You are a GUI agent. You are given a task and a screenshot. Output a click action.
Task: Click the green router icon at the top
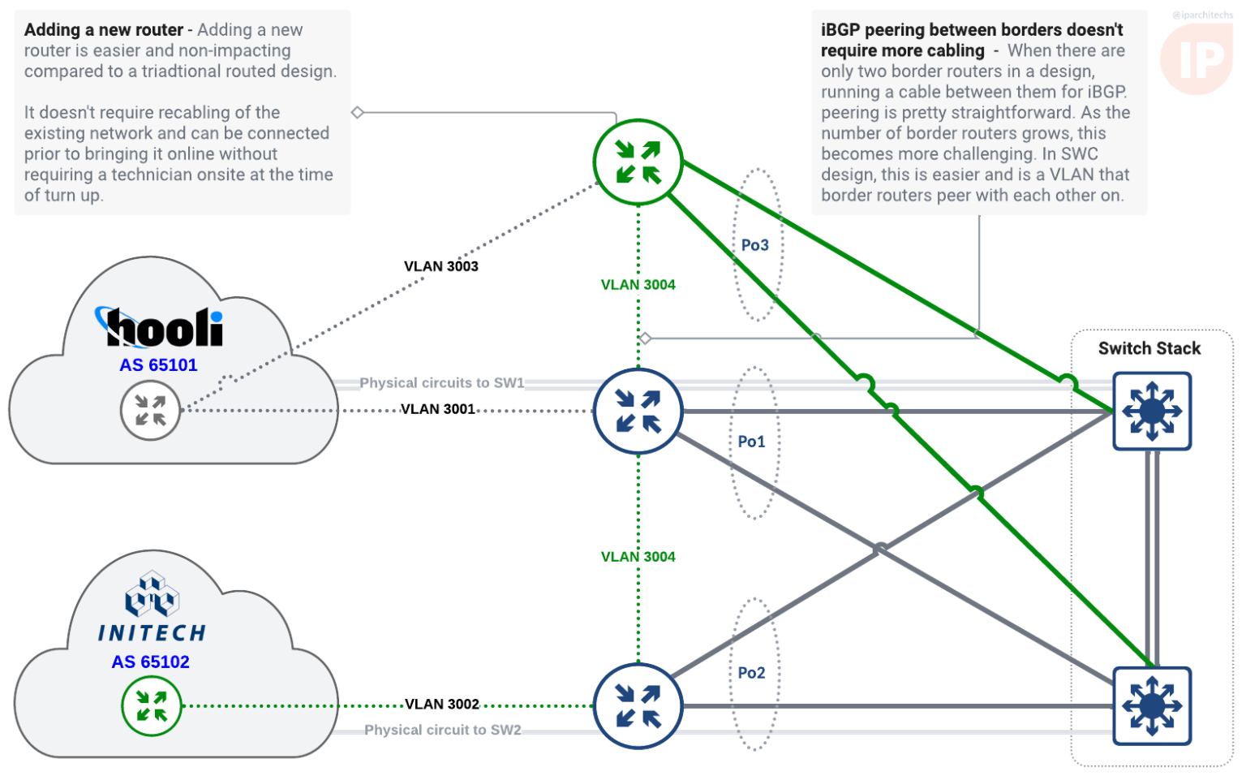tap(638, 162)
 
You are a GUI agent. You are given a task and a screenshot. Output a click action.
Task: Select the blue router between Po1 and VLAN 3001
tap(638, 411)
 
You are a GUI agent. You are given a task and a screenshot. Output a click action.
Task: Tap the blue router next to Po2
tap(638, 705)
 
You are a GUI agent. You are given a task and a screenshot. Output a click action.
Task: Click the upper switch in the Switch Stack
tap(1151, 411)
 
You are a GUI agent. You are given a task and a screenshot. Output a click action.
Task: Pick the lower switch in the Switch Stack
tap(1151, 705)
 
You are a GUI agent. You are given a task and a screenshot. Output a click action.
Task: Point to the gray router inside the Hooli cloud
tap(150, 411)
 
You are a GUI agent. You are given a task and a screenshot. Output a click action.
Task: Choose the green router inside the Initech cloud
tap(151, 705)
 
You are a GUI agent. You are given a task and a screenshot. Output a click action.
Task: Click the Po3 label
tap(754, 245)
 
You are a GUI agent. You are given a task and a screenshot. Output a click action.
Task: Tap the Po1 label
tap(751, 442)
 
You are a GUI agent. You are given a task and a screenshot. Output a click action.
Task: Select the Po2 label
tap(751, 673)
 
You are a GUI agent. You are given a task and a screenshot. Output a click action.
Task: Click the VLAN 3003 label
tap(440, 266)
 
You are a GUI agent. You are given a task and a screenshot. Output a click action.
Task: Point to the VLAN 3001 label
tap(438, 409)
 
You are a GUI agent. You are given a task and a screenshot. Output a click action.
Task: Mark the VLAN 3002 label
tap(441, 704)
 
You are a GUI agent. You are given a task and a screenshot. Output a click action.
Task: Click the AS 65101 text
tap(158, 365)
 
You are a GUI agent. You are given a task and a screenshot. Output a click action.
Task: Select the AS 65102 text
tap(150, 662)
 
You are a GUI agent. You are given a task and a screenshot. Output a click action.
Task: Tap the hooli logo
tap(161, 327)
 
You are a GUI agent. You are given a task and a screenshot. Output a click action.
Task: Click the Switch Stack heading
tap(1149, 348)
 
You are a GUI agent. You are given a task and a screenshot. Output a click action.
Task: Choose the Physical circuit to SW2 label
tap(442, 730)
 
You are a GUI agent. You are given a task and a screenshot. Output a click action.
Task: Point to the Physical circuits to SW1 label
tap(441, 382)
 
